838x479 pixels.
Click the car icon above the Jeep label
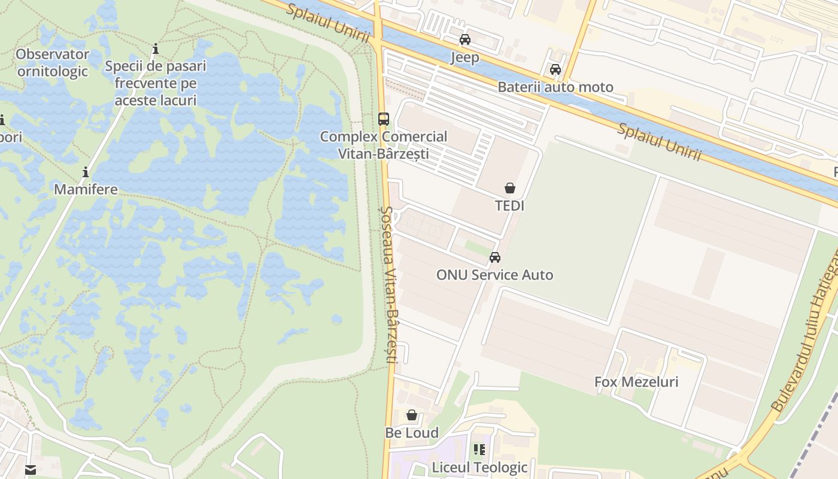click(x=464, y=40)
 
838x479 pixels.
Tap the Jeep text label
click(x=464, y=57)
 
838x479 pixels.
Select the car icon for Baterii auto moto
click(x=555, y=69)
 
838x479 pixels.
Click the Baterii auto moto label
click(x=555, y=87)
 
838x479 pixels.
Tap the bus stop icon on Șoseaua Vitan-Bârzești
click(x=384, y=119)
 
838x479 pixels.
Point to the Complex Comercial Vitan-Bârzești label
click(x=384, y=145)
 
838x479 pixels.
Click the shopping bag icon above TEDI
click(x=509, y=188)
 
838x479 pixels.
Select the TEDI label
click(x=509, y=206)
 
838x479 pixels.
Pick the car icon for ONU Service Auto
click(x=495, y=257)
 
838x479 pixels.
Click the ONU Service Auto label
click(x=495, y=275)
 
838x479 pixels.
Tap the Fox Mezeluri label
click(x=636, y=382)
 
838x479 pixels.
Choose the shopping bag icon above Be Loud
click(x=412, y=415)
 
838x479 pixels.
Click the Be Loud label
click(x=412, y=433)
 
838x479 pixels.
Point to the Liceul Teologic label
click(x=480, y=467)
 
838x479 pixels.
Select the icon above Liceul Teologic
click(x=479, y=449)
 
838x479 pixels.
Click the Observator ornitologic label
click(x=52, y=63)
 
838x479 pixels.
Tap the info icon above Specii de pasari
click(x=156, y=48)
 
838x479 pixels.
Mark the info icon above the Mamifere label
click(x=86, y=172)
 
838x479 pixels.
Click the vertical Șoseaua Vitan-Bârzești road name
click(x=389, y=284)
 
